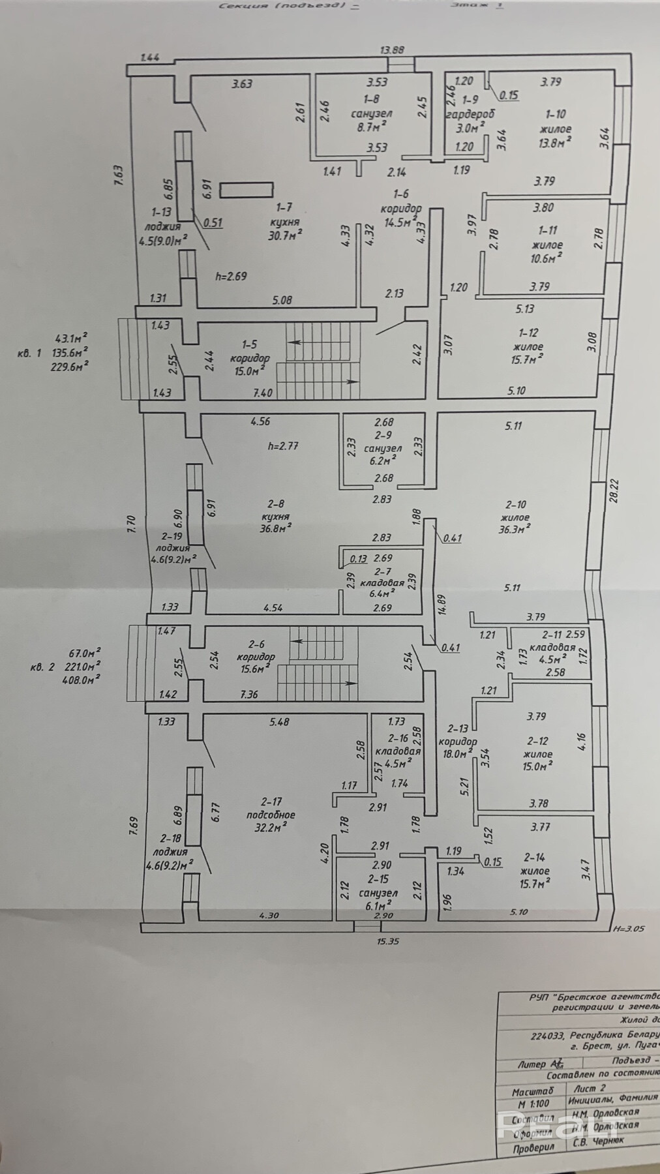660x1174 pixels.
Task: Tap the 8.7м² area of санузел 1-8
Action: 371,127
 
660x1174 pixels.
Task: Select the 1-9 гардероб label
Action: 470,107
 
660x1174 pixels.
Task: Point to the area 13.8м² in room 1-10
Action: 556,141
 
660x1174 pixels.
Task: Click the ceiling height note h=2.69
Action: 232,276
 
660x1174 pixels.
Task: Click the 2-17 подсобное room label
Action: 271,808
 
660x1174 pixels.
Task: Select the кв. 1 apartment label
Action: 30,352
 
